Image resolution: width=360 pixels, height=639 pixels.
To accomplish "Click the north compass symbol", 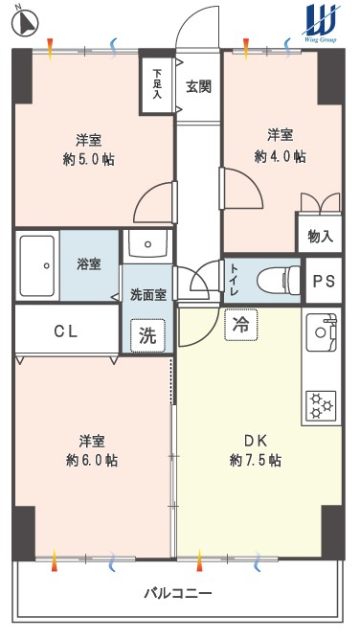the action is (x=25, y=22).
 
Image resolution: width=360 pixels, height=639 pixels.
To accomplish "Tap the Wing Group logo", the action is (x=322, y=23).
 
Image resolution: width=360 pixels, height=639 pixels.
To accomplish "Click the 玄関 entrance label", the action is (x=199, y=86).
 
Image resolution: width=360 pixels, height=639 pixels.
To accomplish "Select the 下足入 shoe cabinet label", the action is (x=157, y=84).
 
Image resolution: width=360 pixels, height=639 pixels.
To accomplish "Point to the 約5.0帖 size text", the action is (x=88, y=159).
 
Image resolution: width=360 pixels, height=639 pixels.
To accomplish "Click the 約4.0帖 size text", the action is (x=281, y=156).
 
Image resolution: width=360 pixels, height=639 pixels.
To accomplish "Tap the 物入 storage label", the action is (x=321, y=237).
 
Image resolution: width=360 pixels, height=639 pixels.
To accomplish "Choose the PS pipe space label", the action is (x=324, y=282).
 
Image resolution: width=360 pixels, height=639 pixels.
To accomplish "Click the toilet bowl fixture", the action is (x=279, y=281).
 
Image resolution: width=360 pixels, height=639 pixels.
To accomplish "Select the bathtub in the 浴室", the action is (x=37, y=266).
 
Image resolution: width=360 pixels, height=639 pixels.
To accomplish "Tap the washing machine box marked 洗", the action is (x=147, y=335).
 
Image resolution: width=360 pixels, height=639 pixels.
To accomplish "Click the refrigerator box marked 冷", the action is (x=241, y=325).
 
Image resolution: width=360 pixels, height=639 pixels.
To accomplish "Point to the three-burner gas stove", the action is (x=321, y=406).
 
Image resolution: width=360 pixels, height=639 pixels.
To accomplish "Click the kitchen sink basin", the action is (x=322, y=331).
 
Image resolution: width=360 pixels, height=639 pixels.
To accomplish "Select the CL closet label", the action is (x=66, y=332).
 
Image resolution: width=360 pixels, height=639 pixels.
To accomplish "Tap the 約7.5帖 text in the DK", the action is (x=255, y=461).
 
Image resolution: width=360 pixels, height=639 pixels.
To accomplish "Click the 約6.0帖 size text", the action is (x=92, y=461).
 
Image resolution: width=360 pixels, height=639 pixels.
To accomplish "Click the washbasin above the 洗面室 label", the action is (x=147, y=243).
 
